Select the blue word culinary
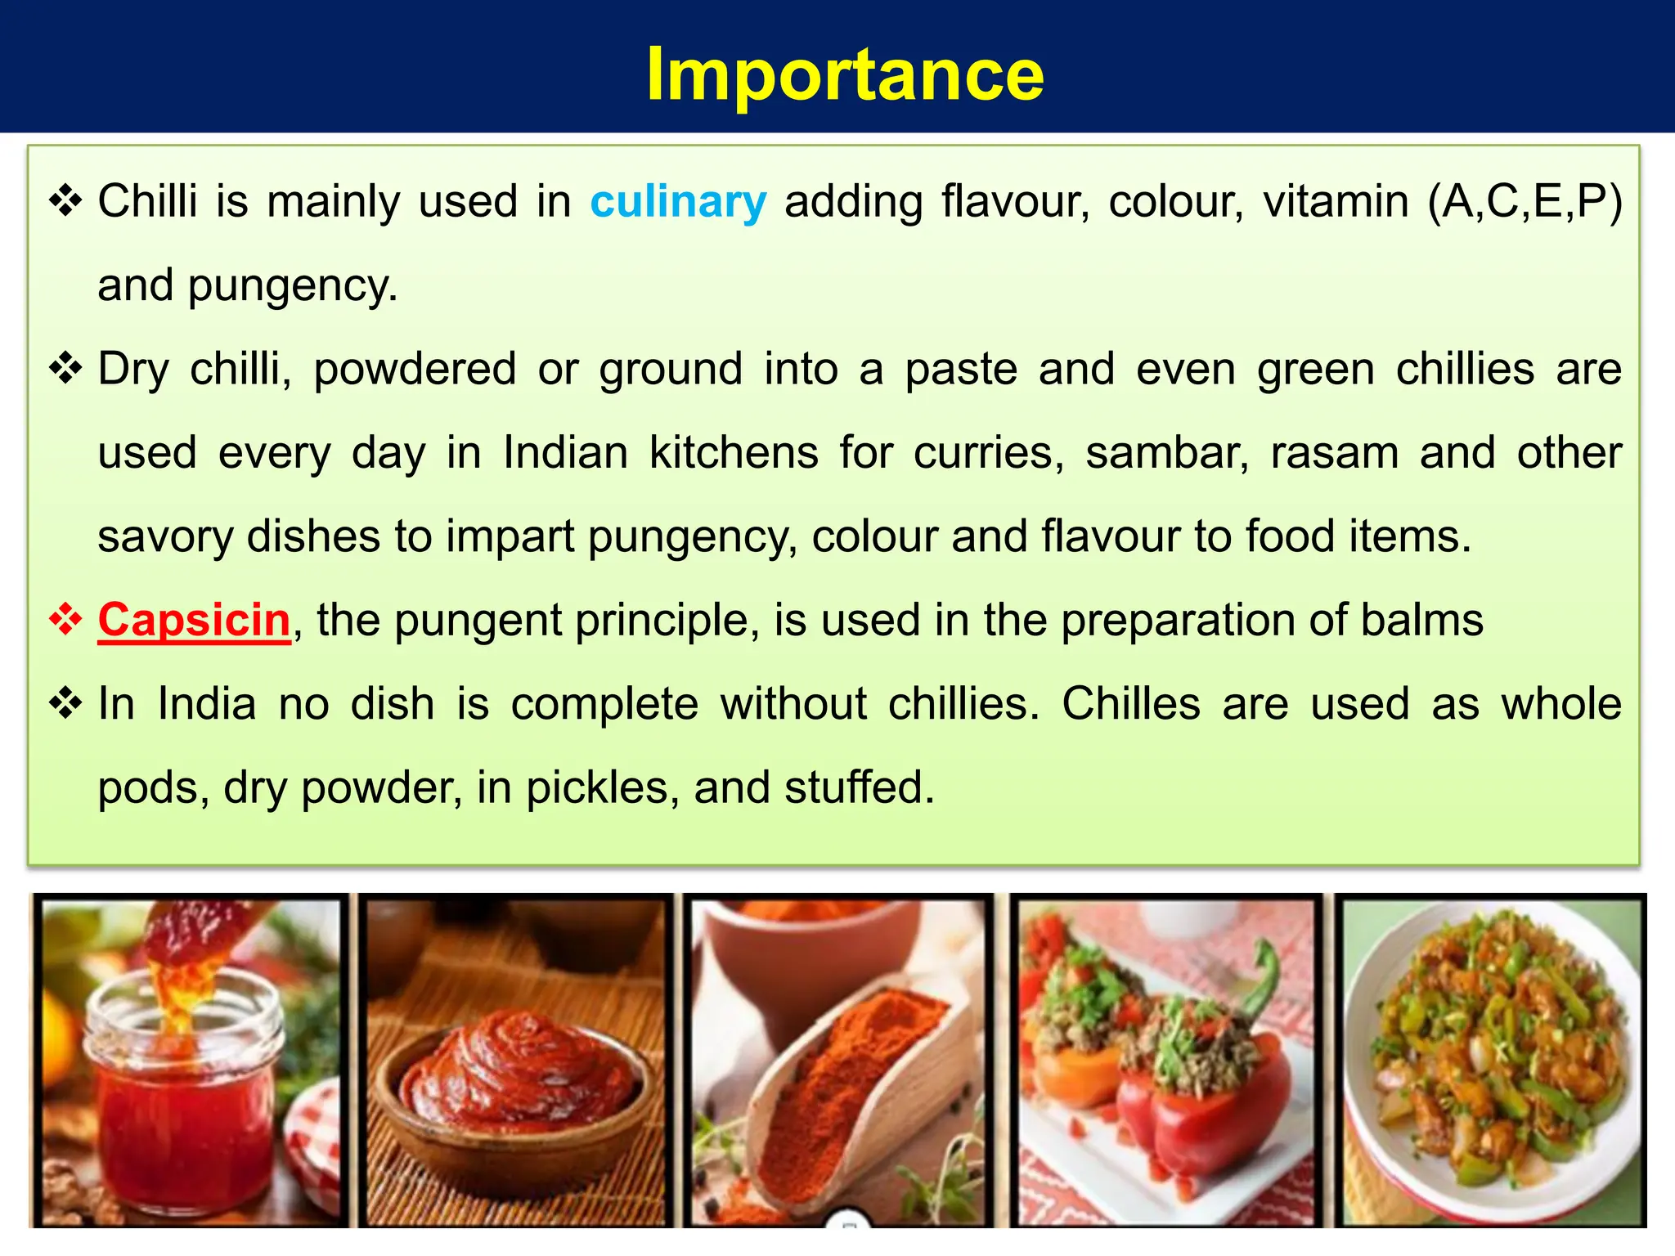pyautogui.click(x=678, y=201)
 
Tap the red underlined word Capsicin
pyautogui.click(x=194, y=620)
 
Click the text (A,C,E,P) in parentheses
pyautogui.click(x=1524, y=201)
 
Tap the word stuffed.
pyautogui.click(x=859, y=787)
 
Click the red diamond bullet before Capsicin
pyautogui.click(x=65, y=620)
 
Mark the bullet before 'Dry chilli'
pyautogui.click(x=65, y=369)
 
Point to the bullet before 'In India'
pyautogui.click(x=65, y=704)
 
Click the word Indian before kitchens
pyautogui.click(x=565, y=453)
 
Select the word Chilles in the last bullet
pyautogui.click(x=1131, y=704)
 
